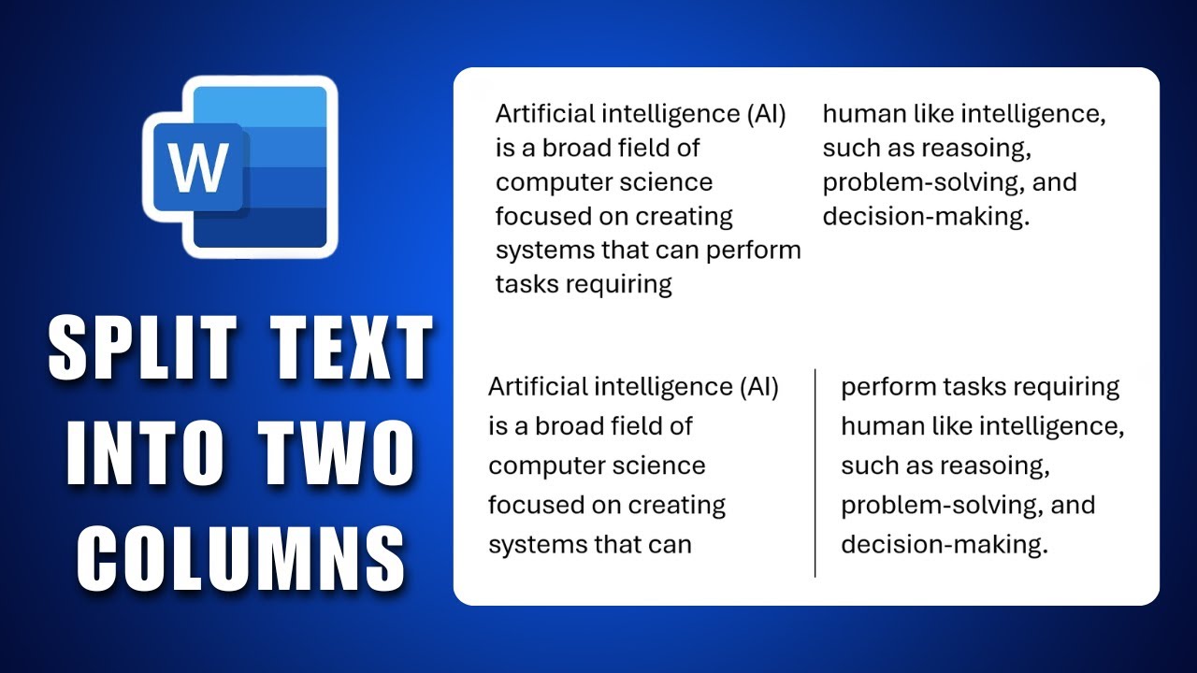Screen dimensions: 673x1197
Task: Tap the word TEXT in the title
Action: [353, 347]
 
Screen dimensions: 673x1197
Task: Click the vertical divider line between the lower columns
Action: [815, 472]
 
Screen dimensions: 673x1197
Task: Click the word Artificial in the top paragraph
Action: [544, 114]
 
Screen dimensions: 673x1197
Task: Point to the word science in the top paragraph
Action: [670, 182]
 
